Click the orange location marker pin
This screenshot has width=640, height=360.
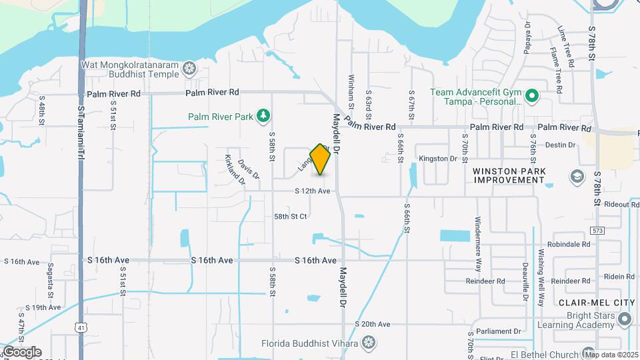pyautogui.click(x=321, y=159)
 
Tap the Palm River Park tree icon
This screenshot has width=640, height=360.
pyautogui.click(x=264, y=117)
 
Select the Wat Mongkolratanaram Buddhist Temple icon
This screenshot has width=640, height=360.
pyautogui.click(x=190, y=68)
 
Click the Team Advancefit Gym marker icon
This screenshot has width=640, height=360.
pyautogui.click(x=531, y=97)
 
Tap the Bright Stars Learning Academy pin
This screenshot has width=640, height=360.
pyautogui.click(x=624, y=320)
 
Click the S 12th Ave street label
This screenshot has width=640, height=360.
pyautogui.click(x=313, y=191)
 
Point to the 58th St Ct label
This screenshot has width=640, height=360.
pyautogui.click(x=290, y=217)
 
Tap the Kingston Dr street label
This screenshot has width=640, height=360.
pyautogui.click(x=437, y=159)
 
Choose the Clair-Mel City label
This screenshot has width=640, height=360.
pyautogui.click(x=596, y=303)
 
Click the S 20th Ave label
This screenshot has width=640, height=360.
pyautogui.click(x=373, y=324)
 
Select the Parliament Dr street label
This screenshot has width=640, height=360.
pyautogui.click(x=499, y=331)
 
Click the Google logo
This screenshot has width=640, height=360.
pyautogui.click(x=22, y=351)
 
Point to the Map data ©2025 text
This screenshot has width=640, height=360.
pyautogui.click(x=611, y=355)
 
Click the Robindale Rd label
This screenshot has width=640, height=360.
pyautogui.click(x=569, y=245)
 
